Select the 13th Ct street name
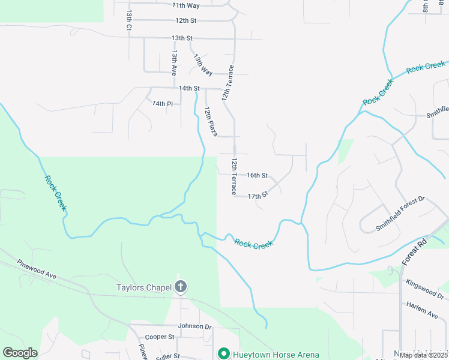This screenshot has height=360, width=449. coord(128,20)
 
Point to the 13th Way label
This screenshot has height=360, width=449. coord(203,64)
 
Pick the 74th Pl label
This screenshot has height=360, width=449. coord(162,104)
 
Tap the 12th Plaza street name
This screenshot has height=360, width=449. coord(209,121)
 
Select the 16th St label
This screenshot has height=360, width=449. coord(257,175)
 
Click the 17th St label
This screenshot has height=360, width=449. coord(257,196)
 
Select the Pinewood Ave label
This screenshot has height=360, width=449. coord(37,269)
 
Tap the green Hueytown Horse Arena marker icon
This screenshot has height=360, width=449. coord(223,355)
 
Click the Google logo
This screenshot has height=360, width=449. coord(20,353)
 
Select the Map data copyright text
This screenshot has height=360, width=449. coord(423,355)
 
